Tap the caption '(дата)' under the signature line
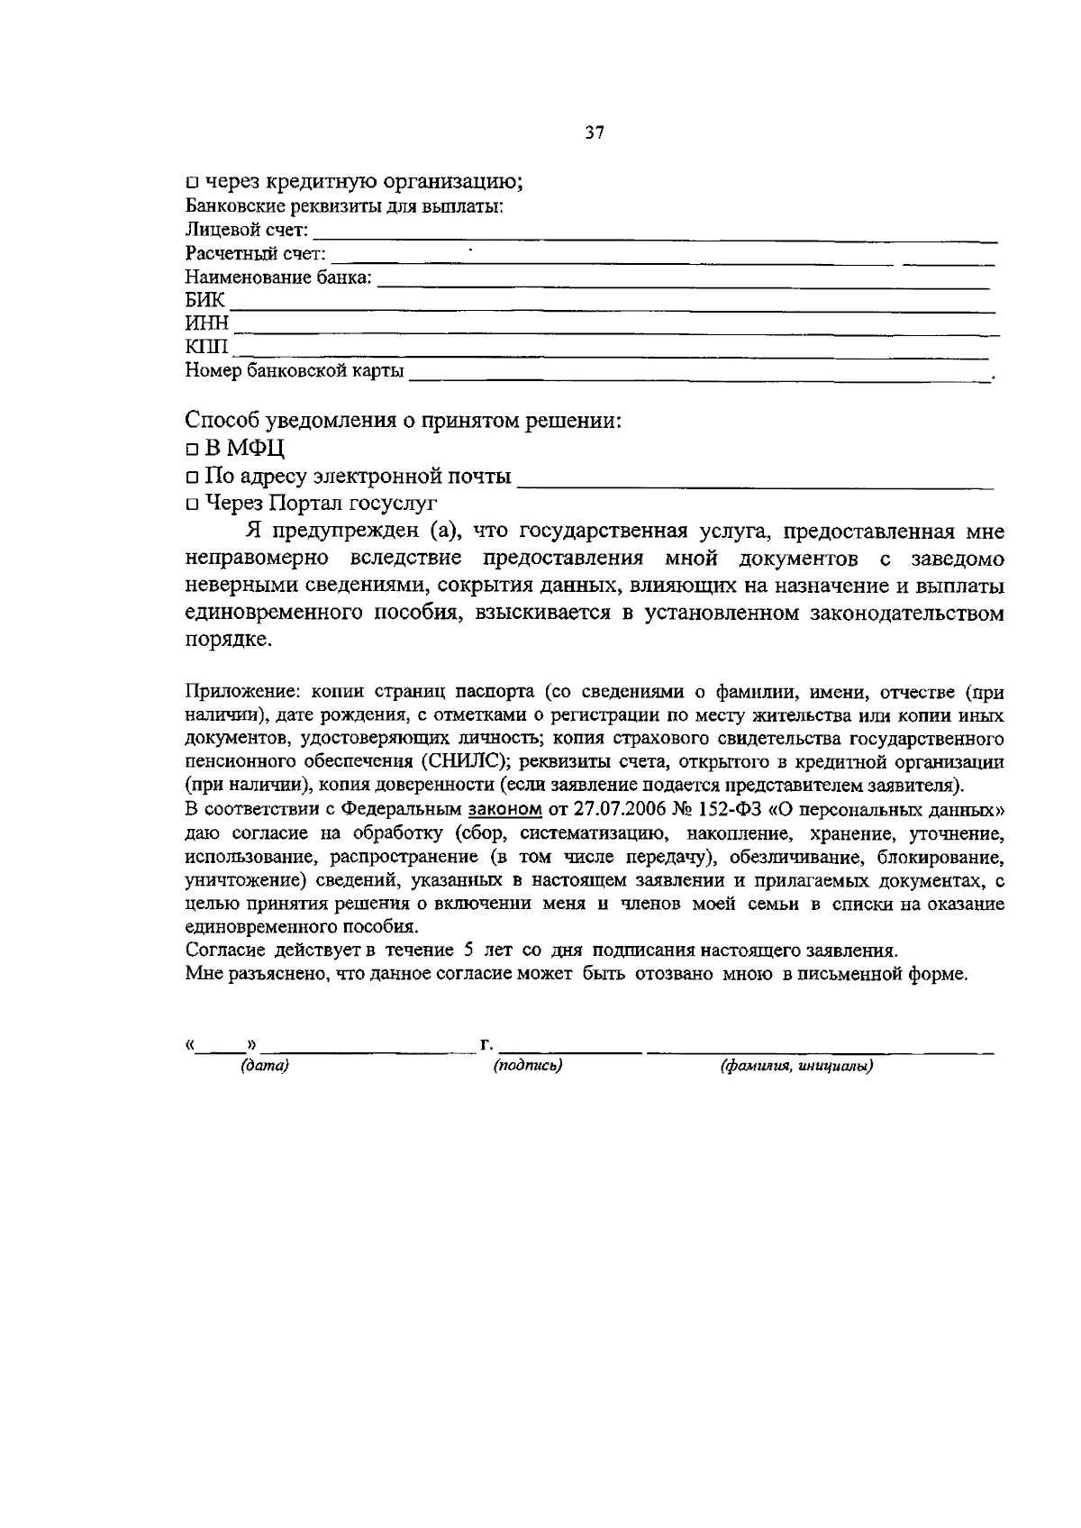pos(264,1067)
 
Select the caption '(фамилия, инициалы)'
pos(796,1068)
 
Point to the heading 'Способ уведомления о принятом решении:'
pos(404,421)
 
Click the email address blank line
pos(757,487)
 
